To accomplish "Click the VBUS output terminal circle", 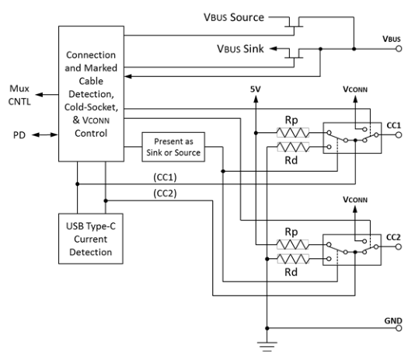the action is pyautogui.click(x=399, y=49).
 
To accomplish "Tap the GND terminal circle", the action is pyautogui.click(x=399, y=328).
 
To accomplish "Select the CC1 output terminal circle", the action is pyautogui.click(x=399, y=135).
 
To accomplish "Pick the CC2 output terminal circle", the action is pyautogui.click(x=399, y=246).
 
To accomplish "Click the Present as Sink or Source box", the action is pyautogui.click(x=173, y=147).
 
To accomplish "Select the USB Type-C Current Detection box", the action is pyautogui.click(x=91, y=239).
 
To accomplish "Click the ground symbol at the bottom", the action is pyautogui.click(x=267, y=347).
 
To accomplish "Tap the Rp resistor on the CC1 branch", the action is pyautogui.click(x=293, y=133).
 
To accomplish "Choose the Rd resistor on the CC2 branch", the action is pyautogui.click(x=293, y=259).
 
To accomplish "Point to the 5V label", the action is pyautogui.click(x=256, y=89).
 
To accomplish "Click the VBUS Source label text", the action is pyautogui.click(x=234, y=17).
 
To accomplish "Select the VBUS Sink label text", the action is pyautogui.click(x=241, y=49).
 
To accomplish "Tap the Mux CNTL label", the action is pyautogui.click(x=19, y=95).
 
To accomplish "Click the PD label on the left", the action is pyautogui.click(x=19, y=135).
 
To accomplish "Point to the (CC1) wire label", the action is pyautogui.click(x=165, y=177).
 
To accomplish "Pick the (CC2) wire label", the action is pyautogui.click(x=165, y=194).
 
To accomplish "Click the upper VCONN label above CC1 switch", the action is pyautogui.click(x=355, y=89).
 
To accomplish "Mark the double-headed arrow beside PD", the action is pyautogui.click(x=45, y=135).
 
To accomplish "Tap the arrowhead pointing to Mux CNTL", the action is pyautogui.click(x=39, y=95).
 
